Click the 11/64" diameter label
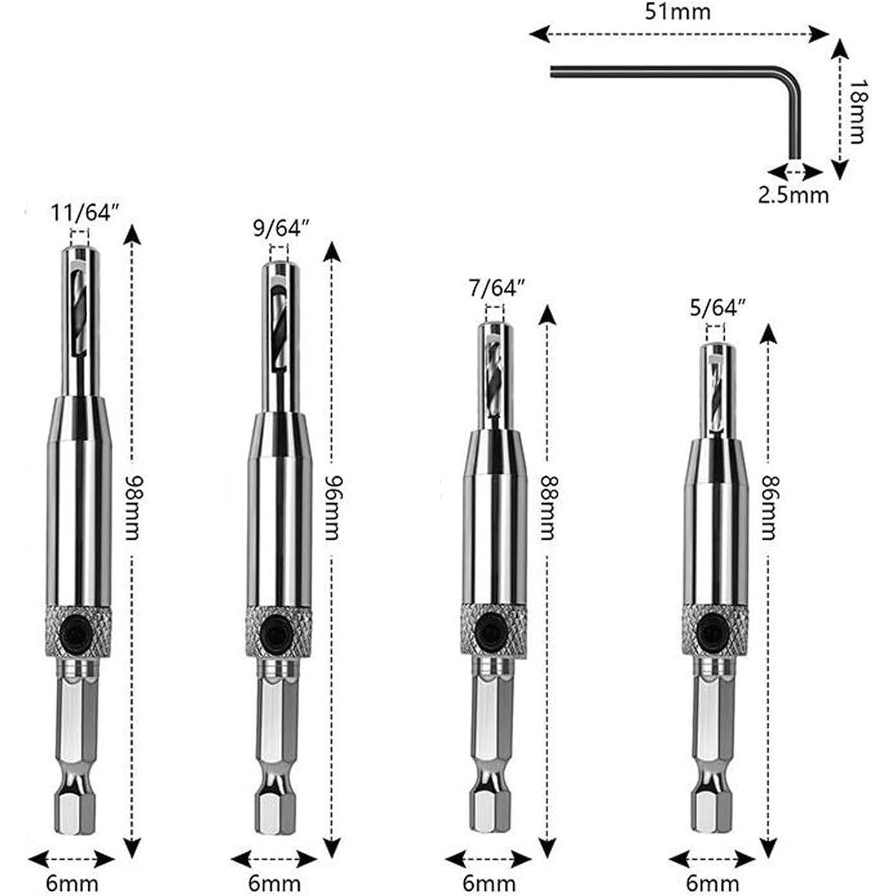tap(85, 212)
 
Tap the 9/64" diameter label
tap(281, 229)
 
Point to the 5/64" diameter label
tap(717, 308)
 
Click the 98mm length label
tap(132, 507)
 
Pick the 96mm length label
tap(332, 507)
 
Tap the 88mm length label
tap(547, 507)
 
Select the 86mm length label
tap(768, 507)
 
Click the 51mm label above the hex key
tap(677, 12)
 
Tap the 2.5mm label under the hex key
tap(793, 195)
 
